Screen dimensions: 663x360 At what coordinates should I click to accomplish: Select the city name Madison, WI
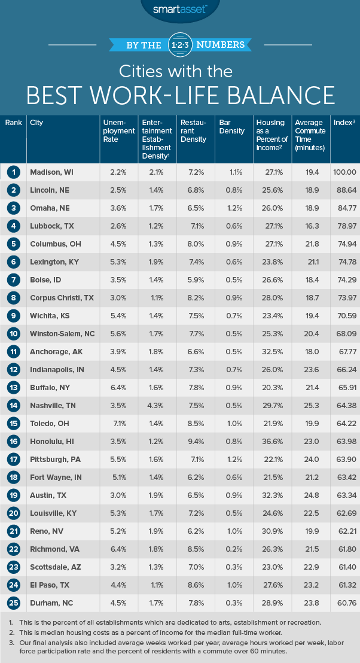51,172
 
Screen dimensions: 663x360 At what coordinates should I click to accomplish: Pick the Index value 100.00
344,172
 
